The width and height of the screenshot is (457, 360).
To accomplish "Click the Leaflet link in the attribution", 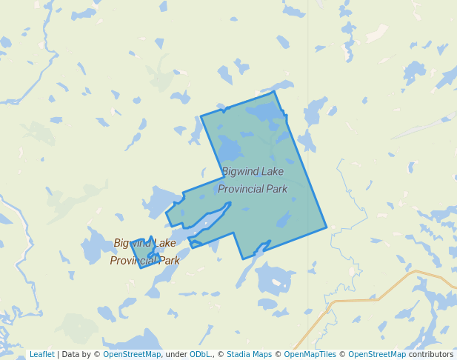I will click(41, 354).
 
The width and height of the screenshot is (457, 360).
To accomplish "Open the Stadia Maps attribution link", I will click(249, 354).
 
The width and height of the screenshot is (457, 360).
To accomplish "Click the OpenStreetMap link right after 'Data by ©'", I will click(132, 354).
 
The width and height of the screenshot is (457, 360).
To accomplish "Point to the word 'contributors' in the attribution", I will click(431, 354).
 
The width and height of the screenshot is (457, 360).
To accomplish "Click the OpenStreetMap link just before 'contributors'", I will click(377, 354).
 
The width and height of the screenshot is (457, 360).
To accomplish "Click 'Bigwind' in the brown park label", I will click(130, 243).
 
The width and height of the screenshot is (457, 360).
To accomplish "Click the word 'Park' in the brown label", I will click(169, 261).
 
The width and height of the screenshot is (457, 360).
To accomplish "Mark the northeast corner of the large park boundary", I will click(275, 92).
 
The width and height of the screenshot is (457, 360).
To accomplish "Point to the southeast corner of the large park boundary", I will click(326, 227).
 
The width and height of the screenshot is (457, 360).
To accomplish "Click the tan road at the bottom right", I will click(356, 301).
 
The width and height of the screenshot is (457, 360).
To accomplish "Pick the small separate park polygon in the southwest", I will click(143, 256).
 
